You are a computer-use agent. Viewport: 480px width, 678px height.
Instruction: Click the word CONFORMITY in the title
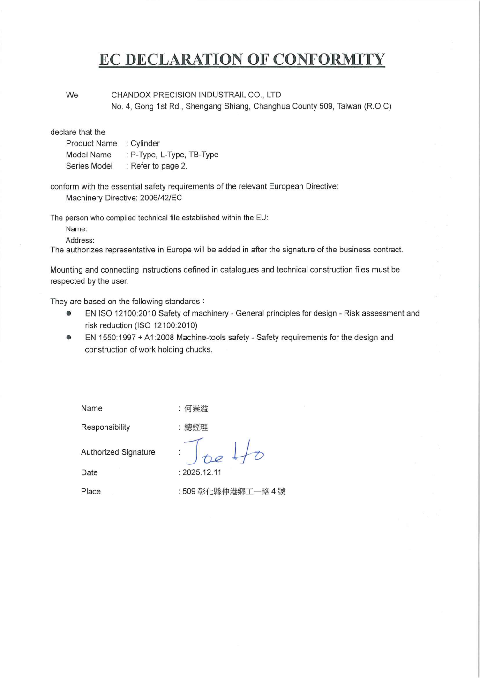click(329, 59)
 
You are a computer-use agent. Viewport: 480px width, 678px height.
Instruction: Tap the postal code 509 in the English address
click(326, 106)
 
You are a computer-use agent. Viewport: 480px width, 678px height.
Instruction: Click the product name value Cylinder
click(145, 143)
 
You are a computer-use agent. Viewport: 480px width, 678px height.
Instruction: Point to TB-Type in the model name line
click(203, 155)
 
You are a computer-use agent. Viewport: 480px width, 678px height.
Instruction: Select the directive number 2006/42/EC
click(161, 198)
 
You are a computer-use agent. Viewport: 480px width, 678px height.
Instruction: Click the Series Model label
click(89, 166)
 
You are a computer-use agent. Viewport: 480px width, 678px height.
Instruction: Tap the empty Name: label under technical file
click(76, 229)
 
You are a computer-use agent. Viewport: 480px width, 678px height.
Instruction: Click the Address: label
click(80, 240)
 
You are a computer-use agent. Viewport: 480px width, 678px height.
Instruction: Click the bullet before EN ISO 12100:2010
click(69, 313)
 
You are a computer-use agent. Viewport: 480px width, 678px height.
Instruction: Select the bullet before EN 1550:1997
click(69, 337)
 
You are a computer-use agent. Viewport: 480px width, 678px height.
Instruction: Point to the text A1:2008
click(159, 337)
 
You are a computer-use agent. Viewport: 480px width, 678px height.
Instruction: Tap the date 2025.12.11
click(202, 472)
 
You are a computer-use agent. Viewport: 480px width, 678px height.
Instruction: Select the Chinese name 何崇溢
click(196, 409)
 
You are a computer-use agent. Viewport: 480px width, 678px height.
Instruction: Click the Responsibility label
click(105, 427)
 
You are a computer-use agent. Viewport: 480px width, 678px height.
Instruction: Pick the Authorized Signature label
click(118, 452)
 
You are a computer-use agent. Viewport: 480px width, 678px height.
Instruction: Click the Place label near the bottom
click(91, 491)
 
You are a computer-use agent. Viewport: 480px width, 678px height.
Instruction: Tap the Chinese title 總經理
click(196, 427)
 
